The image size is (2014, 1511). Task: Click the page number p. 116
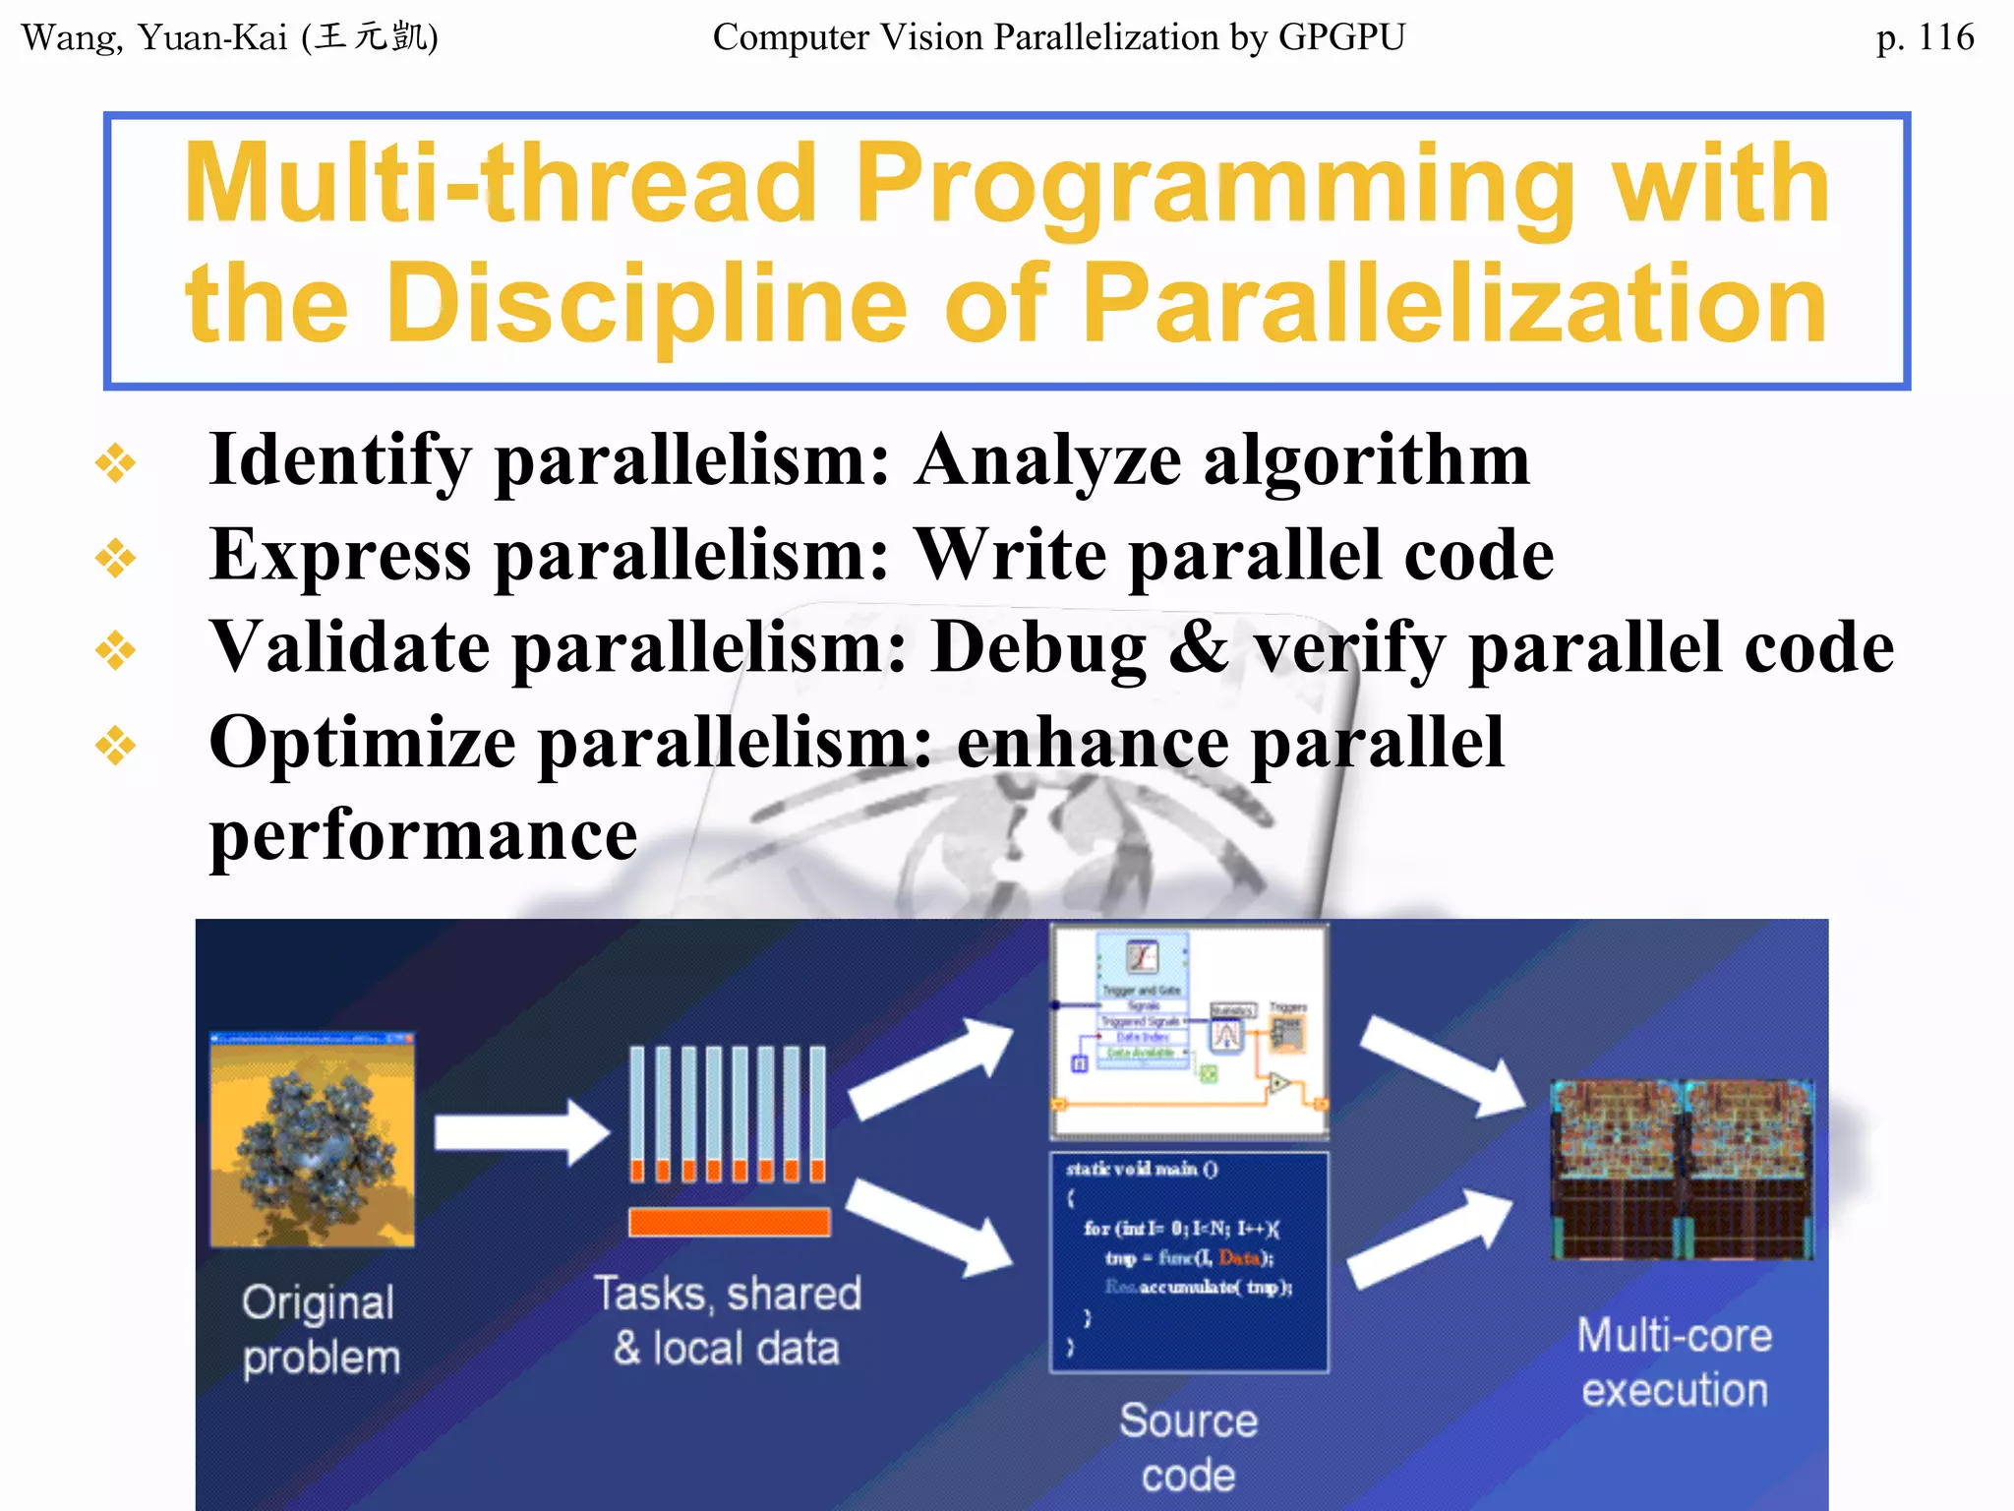click(x=1924, y=37)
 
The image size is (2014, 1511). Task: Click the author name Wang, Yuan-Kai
click(x=157, y=37)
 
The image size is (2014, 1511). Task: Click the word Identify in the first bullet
click(x=339, y=460)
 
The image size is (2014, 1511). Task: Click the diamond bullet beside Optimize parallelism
click(x=116, y=745)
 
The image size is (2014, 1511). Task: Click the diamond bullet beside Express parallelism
click(x=116, y=558)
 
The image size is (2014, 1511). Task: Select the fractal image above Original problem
click(x=313, y=1139)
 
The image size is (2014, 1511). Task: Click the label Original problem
click(x=321, y=1330)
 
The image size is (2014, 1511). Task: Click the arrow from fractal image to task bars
click(x=521, y=1131)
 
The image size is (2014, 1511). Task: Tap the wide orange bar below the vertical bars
click(x=729, y=1221)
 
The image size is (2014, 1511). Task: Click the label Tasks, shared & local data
click(x=728, y=1320)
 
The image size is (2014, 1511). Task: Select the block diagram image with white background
click(x=1189, y=1029)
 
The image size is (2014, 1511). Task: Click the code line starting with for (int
click(x=1180, y=1228)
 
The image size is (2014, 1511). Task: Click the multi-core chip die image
click(x=1681, y=1169)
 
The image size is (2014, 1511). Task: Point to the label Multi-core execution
click(x=1675, y=1362)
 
